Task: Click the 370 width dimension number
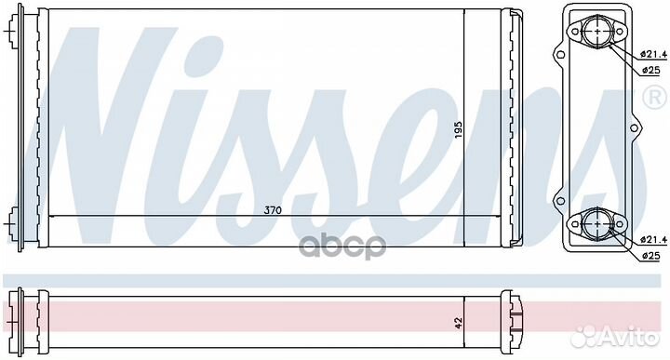pyautogui.click(x=273, y=210)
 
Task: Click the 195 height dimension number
pyautogui.click(x=458, y=130)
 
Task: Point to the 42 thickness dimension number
pyautogui.click(x=459, y=323)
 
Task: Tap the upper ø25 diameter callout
pyautogui.click(x=650, y=71)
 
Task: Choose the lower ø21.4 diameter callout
pyautogui.click(x=654, y=240)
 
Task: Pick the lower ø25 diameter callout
pyautogui.click(x=650, y=256)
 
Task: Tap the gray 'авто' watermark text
pyautogui.click(x=342, y=246)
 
